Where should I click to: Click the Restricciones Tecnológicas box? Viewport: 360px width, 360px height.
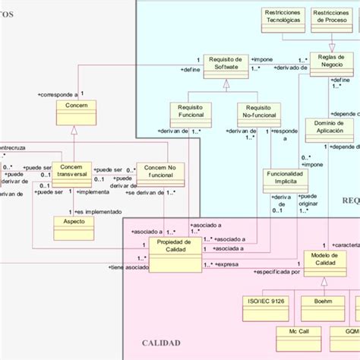point(283,18)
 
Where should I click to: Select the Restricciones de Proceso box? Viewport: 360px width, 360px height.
point(332,18)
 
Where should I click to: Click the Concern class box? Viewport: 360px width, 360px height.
point(75,114)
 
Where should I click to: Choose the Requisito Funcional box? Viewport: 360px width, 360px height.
point(191,113)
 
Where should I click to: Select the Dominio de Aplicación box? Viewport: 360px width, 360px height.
point(330,129)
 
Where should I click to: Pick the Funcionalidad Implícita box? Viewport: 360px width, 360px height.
point(287,179)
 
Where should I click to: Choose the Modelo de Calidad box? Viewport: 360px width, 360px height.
point(324,261)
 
